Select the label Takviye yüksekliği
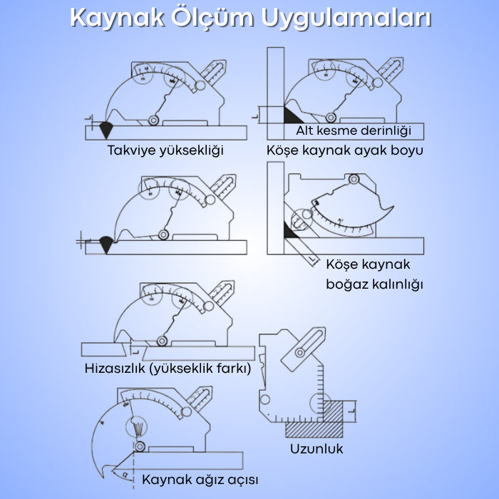(x=165, y=150)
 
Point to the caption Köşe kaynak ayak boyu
(x=345, y=150)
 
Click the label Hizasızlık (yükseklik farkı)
(x=168, y=369)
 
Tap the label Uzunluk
(x=317, y=448)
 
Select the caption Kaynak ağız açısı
(x=200, y=479)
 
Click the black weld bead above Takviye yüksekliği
(x=107, y=129)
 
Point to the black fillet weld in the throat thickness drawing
(x=289, y=230)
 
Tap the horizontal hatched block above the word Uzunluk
(x=314, y=429)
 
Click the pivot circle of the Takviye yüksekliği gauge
(x=153, y=120)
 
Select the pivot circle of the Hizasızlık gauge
(x=163, y=341)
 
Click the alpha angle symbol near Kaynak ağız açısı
(x=125, y=473)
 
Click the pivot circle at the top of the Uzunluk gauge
(x=302, y=351)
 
